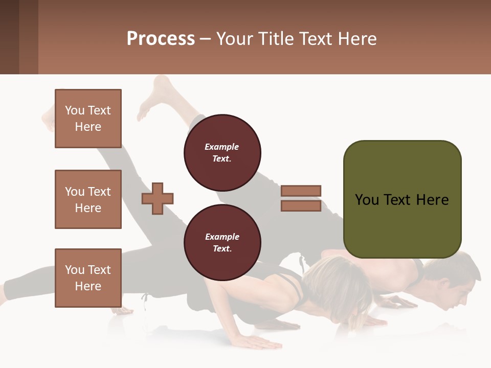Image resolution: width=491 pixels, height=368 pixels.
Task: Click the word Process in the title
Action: click(161, 38)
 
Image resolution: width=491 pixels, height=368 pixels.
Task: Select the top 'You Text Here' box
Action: click(88, 119)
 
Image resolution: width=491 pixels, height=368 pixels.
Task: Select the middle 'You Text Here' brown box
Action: click(88, 199)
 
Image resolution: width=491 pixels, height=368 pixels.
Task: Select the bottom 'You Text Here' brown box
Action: click(88, 278)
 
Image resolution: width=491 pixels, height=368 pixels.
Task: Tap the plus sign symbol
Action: click(158, 198)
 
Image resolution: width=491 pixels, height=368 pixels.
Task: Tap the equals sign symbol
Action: click(301, 198)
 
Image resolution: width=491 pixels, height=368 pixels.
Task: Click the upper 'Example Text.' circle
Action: click(222, 152)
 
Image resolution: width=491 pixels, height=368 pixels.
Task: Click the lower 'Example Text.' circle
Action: click(222, 242)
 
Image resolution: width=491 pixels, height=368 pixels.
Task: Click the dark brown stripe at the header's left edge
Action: click(9, 37)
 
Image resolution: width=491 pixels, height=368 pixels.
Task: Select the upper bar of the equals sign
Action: click(301, 191)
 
